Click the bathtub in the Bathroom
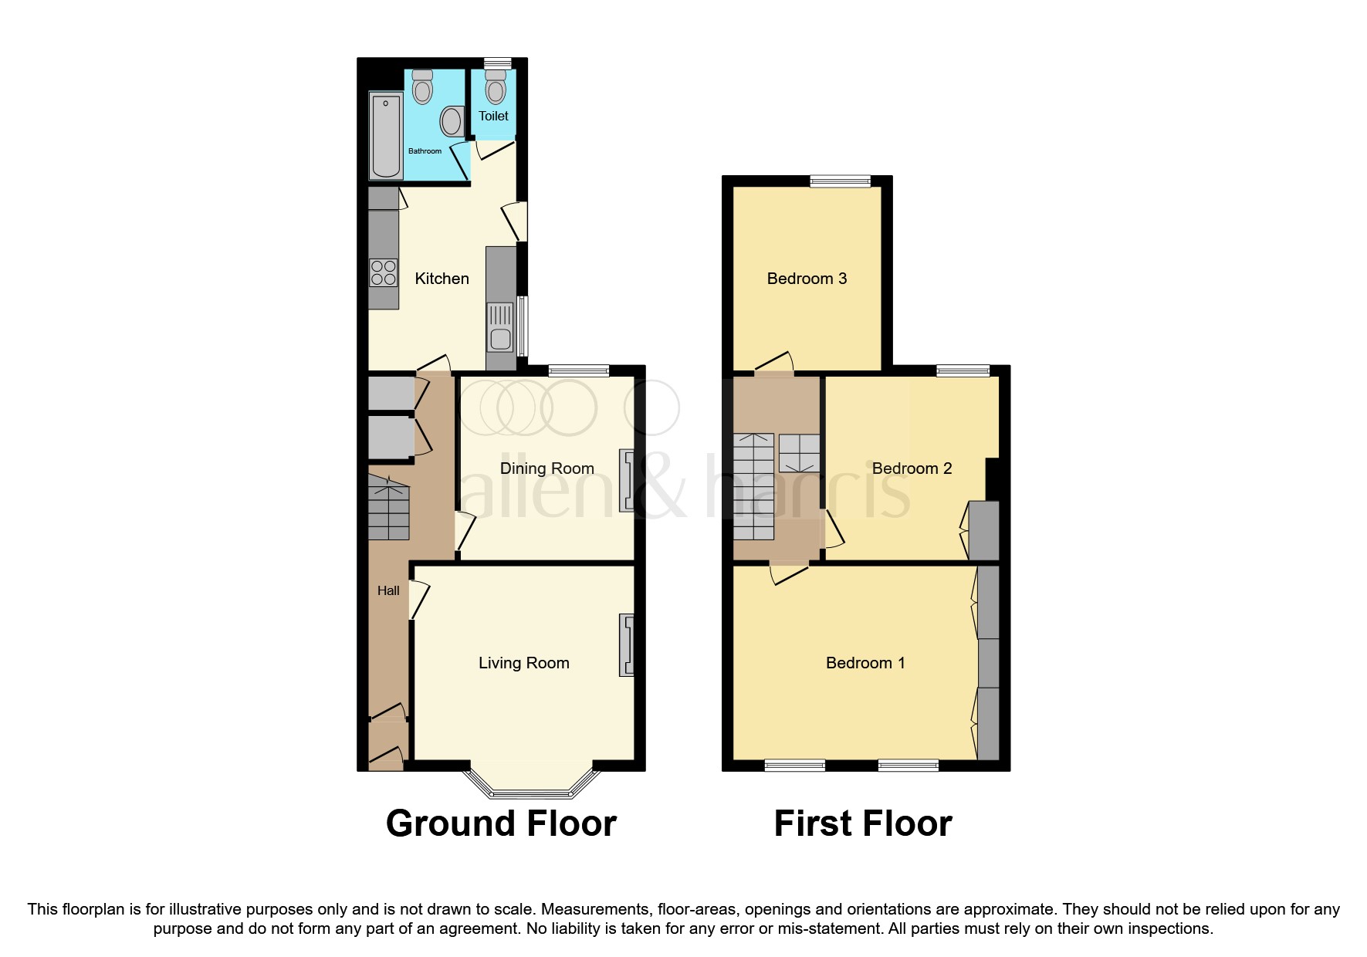pyautogui.click(x=386, y=134)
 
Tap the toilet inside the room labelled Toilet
pyautogui.click(x=496, y=89)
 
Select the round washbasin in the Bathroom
pyautogui.click(x=452, y=122)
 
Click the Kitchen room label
pyautogui.click(x=442, y=279)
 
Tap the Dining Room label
pyautogui.click(x=546, y=468)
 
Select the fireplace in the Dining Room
pyautogui.click(x=627, y=482)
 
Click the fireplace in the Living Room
pyautogui.click(x=626, y=645)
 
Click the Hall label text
pyautogui.click(x=388, y=590)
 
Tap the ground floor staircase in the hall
pyautogui.click(x=388, y=509)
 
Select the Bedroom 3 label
pyautogui.click(x=807, y=279)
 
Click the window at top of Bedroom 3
pyautogui.click(x=840, y=182)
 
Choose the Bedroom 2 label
pyautogui.click(x=912, y=468)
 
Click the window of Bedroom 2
pyautogui.click(x=963, y=371)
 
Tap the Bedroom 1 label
pyautogui.click(x=865, y=663)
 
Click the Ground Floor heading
pyautogui.click(x=501, y=823)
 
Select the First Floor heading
pyautogui.click(x=862, y=823)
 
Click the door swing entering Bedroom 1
pyautogui.click(x=788, y=575)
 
